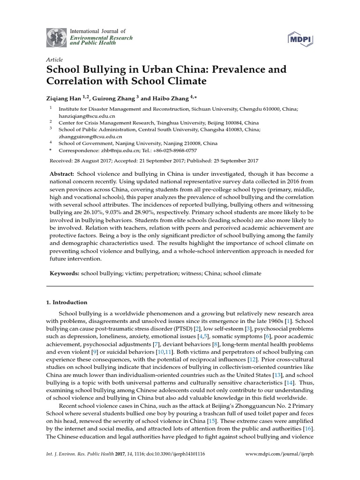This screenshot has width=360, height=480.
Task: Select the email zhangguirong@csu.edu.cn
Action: click(87, 136)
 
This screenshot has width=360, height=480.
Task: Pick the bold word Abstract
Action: click(62, 174)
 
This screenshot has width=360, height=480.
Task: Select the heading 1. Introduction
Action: click(70, 302)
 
